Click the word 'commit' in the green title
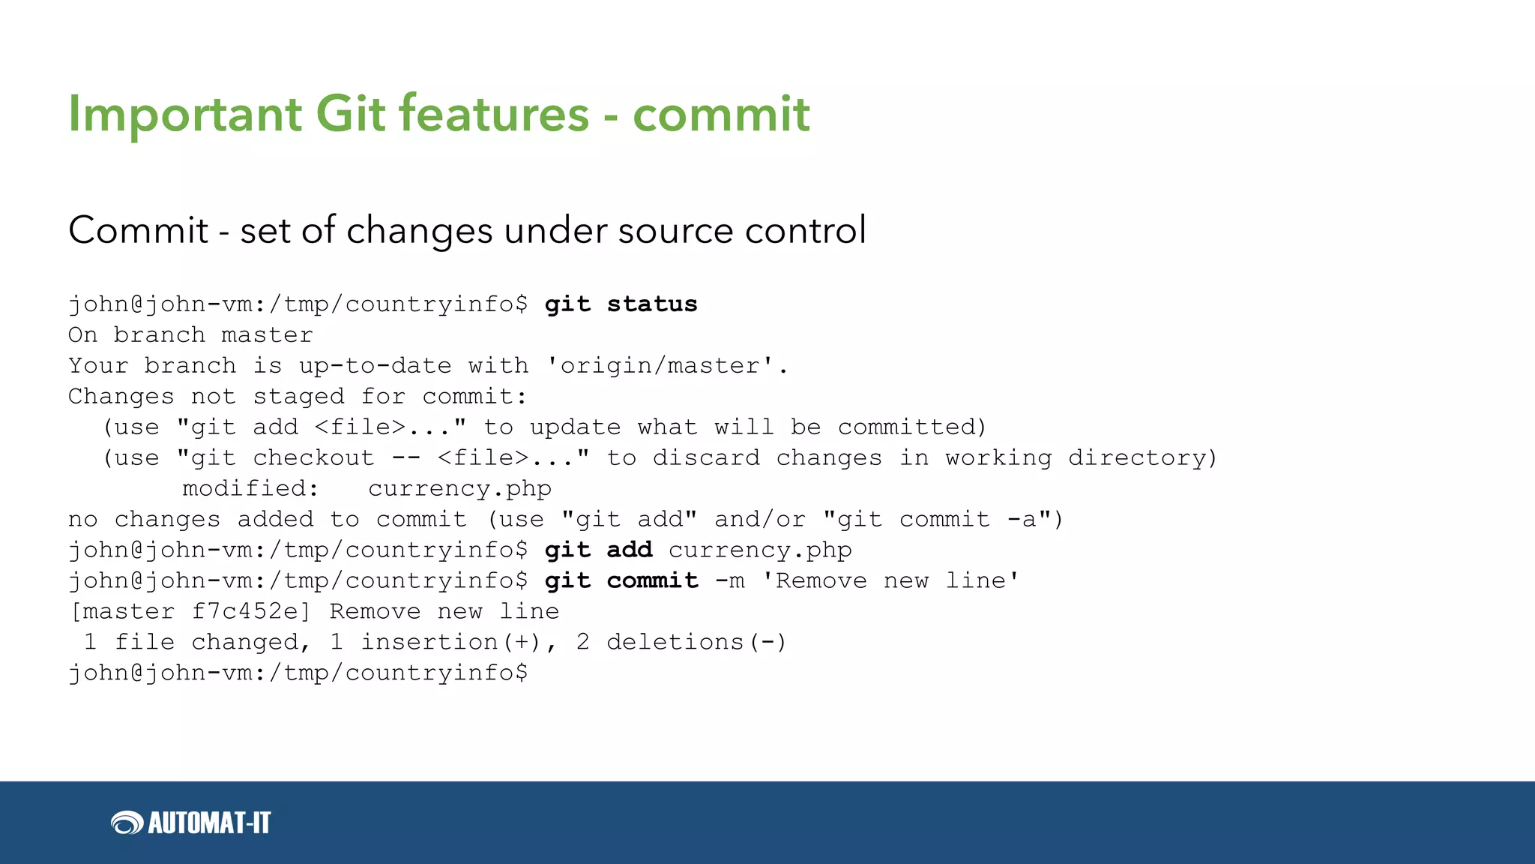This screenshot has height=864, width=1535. coord(720,115)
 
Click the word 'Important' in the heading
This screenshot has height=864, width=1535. coord(184,115)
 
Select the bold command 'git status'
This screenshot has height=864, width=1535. coord(621,304)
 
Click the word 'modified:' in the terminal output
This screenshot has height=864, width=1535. coord(250,489)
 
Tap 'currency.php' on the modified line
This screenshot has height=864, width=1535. coord(459,489)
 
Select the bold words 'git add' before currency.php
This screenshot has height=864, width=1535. coord(598,550)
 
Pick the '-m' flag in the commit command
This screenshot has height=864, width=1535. coord(729,581)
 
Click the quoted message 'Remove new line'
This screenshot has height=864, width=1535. coord(890,581)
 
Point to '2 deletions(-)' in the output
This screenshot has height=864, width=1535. coord(681,643)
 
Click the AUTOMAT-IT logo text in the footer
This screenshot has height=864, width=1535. coord(209,823)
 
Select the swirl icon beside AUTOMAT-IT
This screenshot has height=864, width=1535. coord(127,823)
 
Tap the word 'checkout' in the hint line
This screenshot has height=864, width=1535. coord(313,458)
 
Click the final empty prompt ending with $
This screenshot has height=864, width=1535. coord(298,673)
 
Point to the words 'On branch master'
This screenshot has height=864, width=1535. coord(190,335)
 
